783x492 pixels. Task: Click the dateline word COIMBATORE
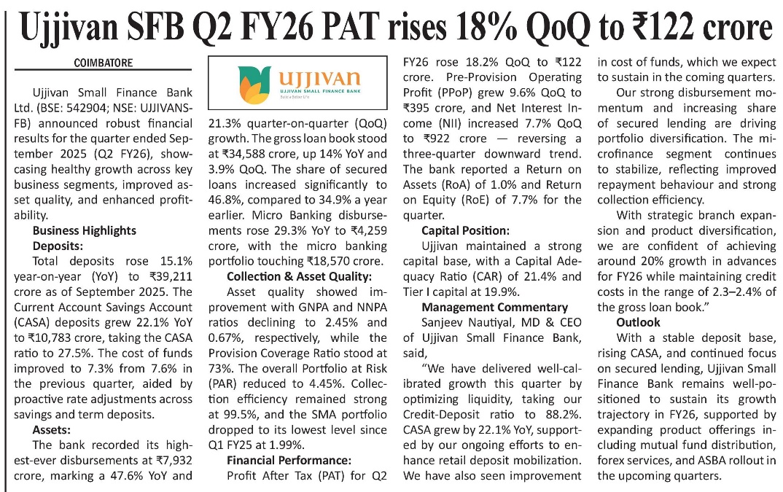103,63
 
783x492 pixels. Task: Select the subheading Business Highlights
84,230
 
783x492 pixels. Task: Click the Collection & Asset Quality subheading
299,276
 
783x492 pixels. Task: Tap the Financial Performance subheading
289,460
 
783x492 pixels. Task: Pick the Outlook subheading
638,321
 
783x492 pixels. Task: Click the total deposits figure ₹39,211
171,276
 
